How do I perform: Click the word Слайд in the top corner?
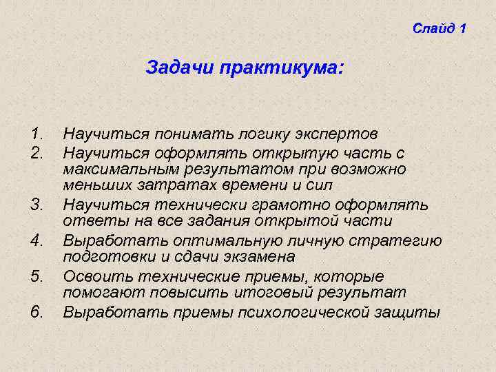pyautogui.click(x=433, y=28)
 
